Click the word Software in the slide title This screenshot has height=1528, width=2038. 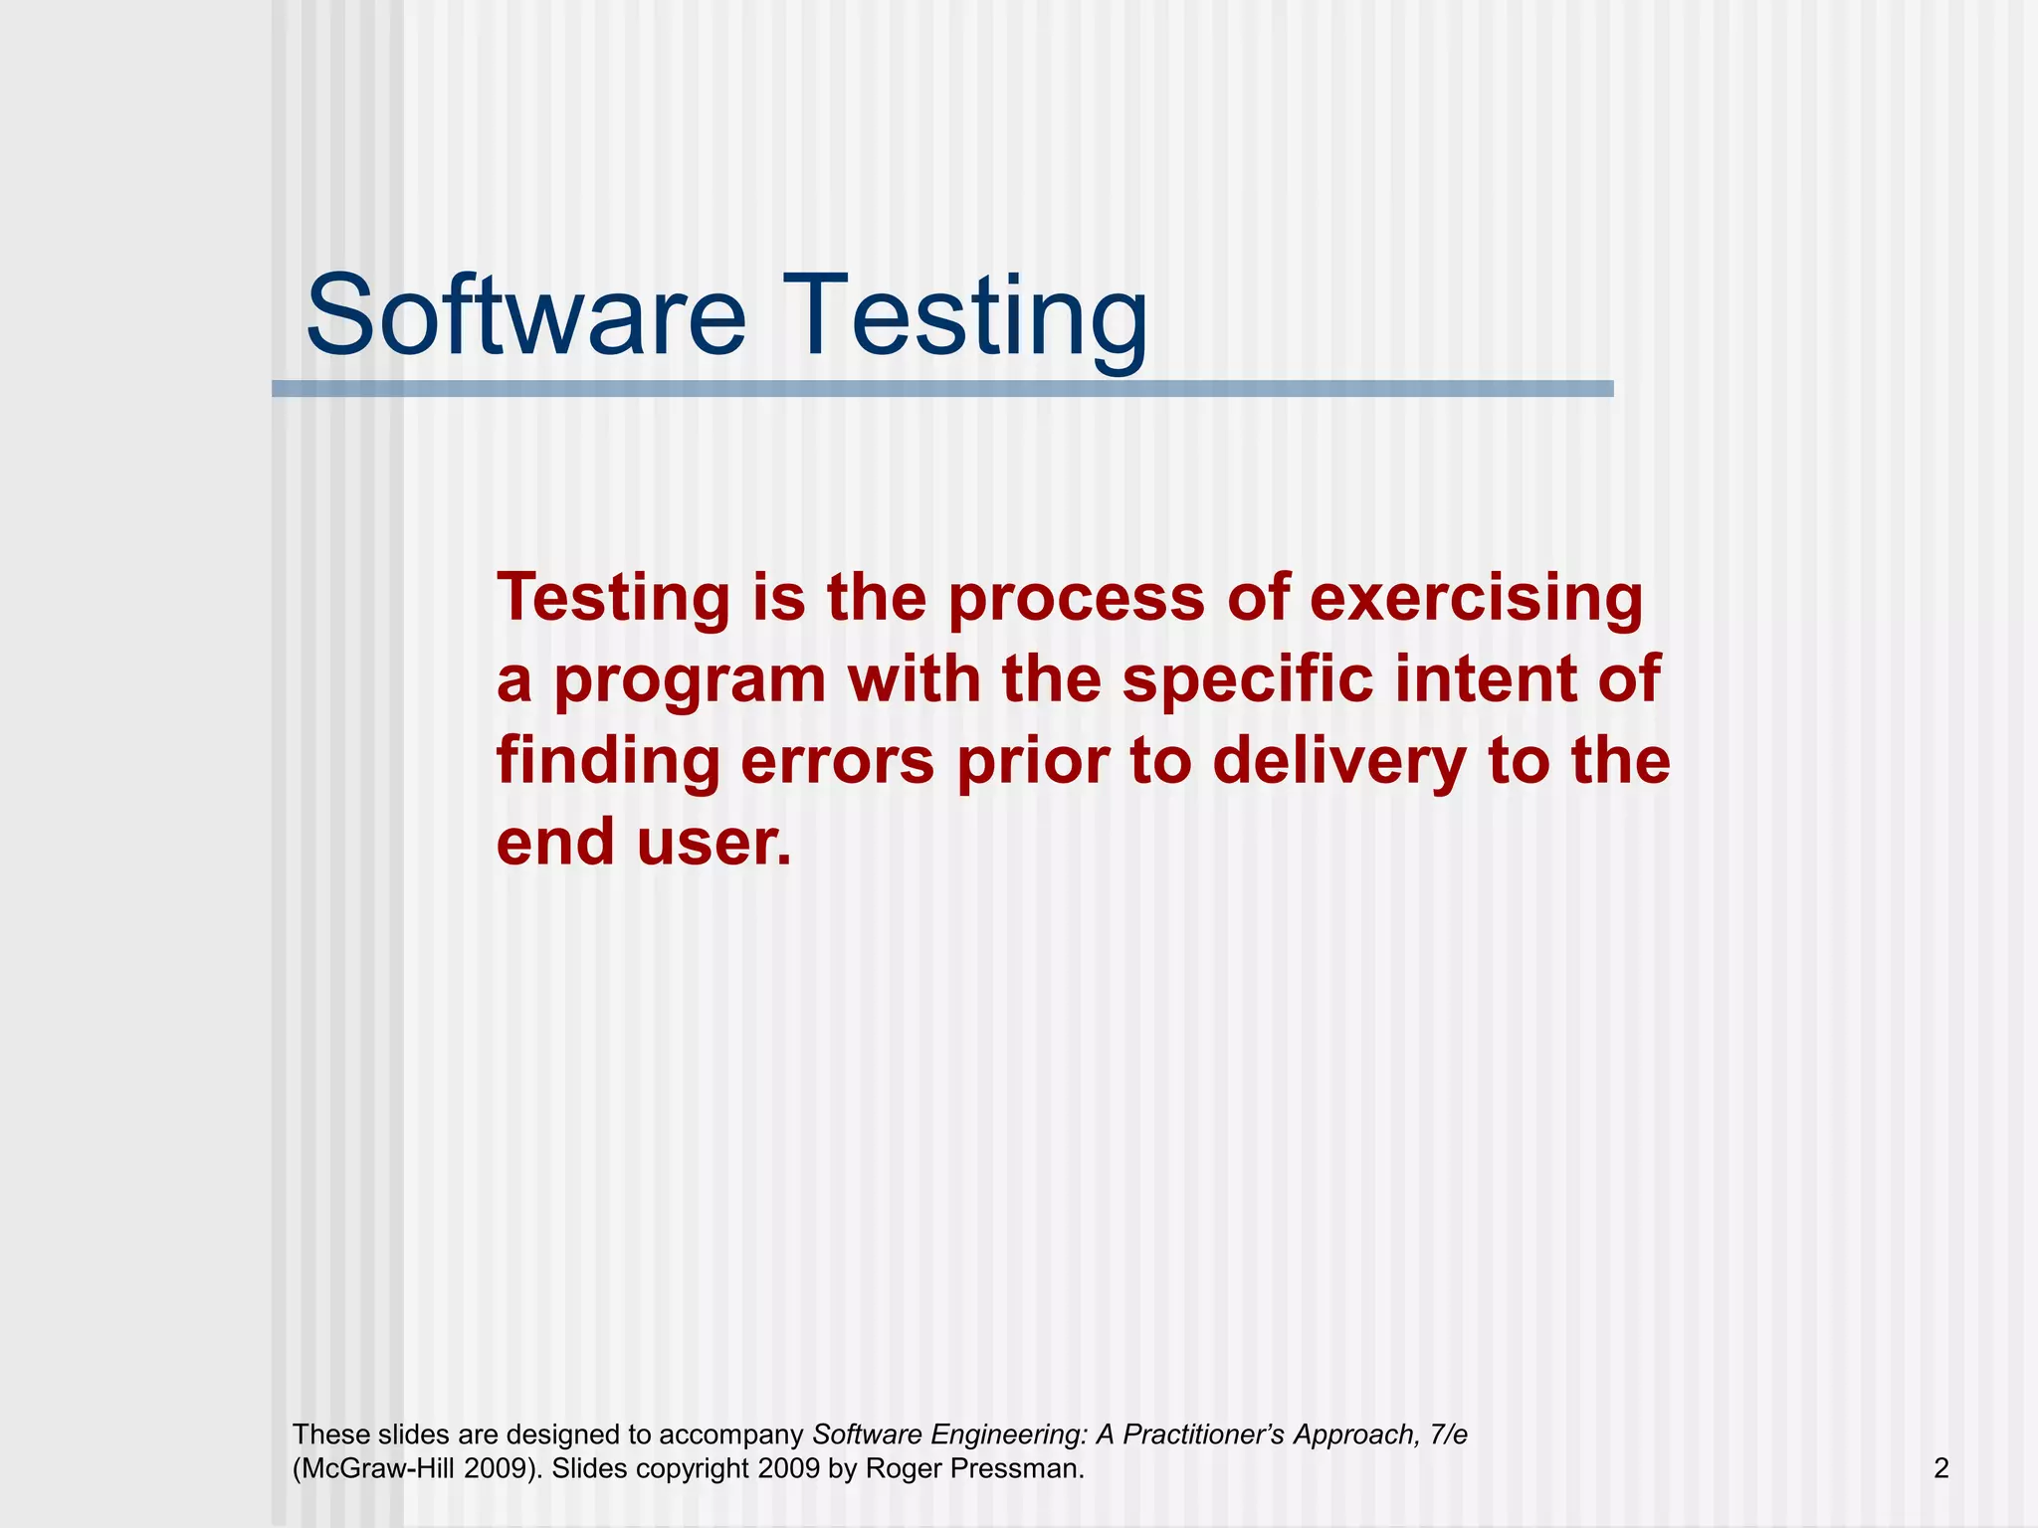[x=525, y=316]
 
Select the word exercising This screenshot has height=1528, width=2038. [x=1477, y=600]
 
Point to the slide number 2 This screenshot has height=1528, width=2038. [x=1940, y=1468]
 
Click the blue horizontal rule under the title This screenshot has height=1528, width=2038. [x=942, y=389]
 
